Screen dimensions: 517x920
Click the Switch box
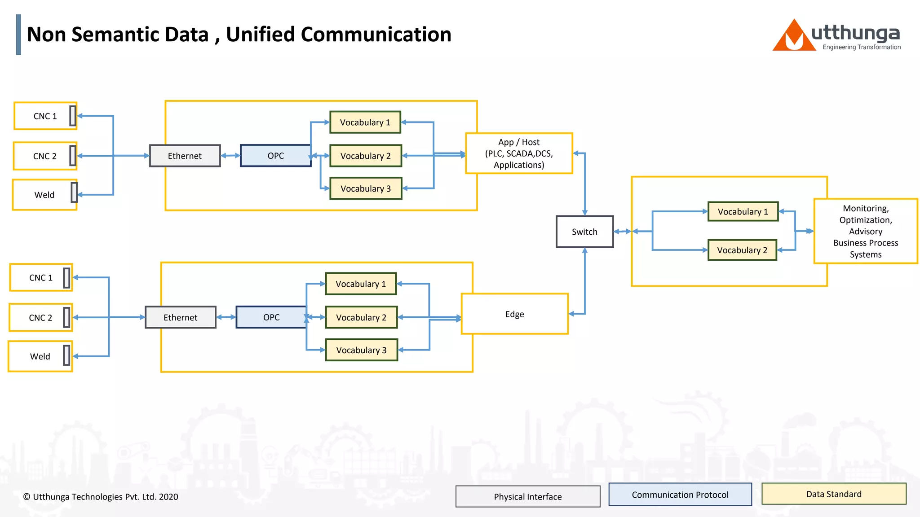(x=584, y=232)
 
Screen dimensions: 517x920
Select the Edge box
(x=514, y=314)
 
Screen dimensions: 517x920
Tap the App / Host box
(x=519, y=153)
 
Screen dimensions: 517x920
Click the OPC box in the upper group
(x=275, y=156)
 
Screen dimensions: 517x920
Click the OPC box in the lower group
(x=271, y=317)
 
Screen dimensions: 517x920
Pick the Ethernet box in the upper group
(x=185, y=156)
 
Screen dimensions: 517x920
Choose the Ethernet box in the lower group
(x=180, y=317)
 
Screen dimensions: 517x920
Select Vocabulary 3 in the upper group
(x=365, y=188)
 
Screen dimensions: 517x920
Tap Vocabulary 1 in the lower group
(x=361, y=284)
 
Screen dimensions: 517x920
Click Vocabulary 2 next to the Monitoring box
(x=742, y=250)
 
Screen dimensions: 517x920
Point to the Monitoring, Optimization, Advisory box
(x=865, y=231)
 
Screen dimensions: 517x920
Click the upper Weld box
(x=44, y=195)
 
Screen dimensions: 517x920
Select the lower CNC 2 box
(x=40, y=318)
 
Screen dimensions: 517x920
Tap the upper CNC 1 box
(x=45, y=116)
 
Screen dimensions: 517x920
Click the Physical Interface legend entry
(x=528, y=496)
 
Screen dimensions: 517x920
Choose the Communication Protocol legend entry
(x=680, y=495)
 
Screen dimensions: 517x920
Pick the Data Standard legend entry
(x=834, y=494)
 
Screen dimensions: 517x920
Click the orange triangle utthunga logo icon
(x=793, y=36)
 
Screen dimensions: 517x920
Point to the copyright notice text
(x=101, y=497)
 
